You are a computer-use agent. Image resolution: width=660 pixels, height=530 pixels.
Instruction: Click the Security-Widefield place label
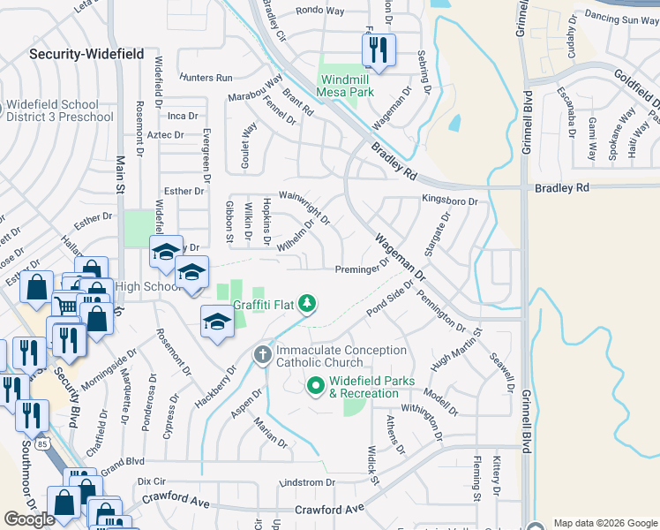click(86, 54)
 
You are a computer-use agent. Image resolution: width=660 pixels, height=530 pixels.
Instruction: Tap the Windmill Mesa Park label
click(346, 86)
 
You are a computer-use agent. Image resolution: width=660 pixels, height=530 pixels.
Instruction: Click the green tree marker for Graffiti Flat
click(306, 304)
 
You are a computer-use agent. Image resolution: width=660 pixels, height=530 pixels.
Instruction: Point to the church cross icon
click(262, 355)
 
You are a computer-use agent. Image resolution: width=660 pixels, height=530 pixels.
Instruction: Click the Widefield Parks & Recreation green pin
click(316, 387)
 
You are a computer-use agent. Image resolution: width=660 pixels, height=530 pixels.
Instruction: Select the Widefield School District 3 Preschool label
click(60, 110)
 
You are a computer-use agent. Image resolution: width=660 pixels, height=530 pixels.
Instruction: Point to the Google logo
click(30, 519)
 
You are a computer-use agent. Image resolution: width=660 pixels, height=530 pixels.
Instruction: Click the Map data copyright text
click(605, 523)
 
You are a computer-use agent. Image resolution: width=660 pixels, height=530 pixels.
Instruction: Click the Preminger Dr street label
click(362, 269)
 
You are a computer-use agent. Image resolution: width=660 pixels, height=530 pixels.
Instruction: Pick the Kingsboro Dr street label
click(450, 201)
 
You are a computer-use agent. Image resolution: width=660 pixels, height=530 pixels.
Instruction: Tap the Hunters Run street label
click(206, 78)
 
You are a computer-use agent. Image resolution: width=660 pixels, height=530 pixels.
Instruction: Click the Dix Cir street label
click(152, 482)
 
